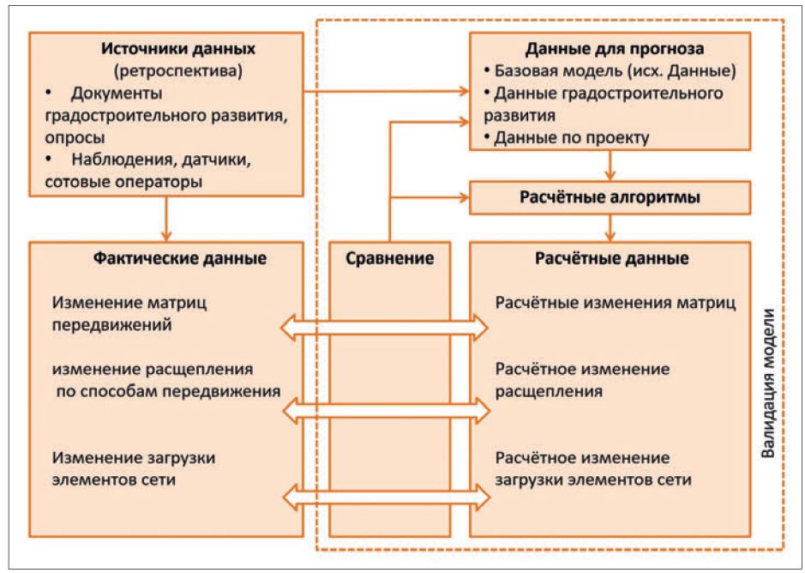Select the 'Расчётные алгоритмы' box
point(610,198)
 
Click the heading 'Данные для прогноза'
point(610,49)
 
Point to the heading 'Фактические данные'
point(166,257)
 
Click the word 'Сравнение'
point(390,257)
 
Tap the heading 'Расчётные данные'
point(610,257)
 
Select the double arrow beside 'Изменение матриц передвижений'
point(385,326)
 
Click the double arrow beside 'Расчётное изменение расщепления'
point(385,411)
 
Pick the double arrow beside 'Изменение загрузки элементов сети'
point(385,497)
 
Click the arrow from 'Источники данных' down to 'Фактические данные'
point(166,218)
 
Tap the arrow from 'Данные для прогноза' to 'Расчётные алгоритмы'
point(610,165)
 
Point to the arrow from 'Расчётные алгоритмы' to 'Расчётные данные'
point(610,227)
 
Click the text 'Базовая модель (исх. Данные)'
point(615,70)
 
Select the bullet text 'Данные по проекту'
point(572,136)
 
